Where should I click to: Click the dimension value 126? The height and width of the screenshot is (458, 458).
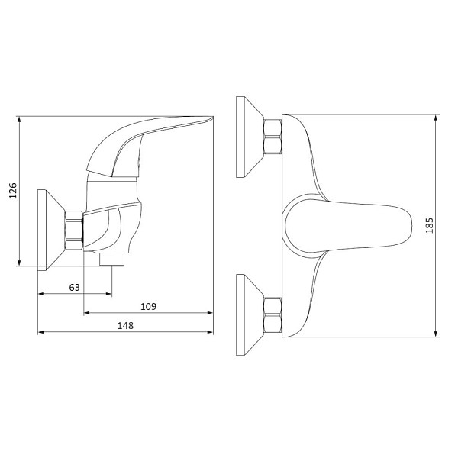point(13,191)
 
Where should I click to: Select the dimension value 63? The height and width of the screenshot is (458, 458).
point(74,288)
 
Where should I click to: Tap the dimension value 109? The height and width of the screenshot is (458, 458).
point(148,307)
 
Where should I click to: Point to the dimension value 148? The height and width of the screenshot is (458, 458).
point(125,326)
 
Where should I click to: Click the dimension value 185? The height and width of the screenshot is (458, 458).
point(429,225)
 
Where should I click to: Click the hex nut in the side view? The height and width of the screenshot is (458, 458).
point(73,231)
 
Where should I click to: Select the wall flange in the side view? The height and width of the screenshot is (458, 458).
point(51,231)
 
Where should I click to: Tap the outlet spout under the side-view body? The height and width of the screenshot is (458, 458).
point(112,260)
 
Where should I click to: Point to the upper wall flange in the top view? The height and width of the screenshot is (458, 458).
point(250,137)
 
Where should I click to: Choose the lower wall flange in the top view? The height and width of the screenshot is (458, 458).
point(250,314)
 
